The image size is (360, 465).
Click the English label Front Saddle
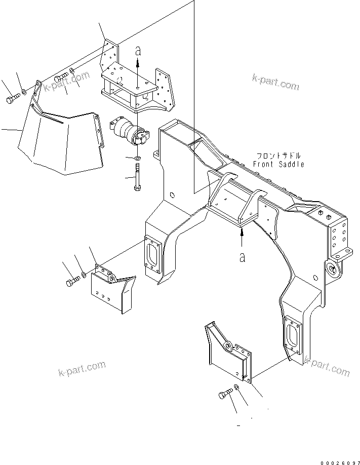[x=278, y=164]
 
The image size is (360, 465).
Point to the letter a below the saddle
[x=243, y=257]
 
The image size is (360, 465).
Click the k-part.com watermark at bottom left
[x=81, y=368]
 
